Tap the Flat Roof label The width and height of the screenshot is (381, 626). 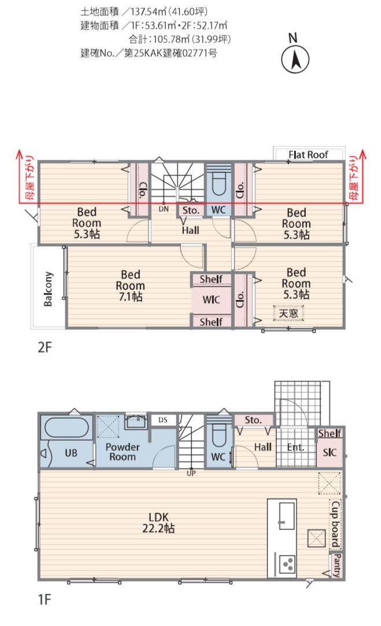(308, 154)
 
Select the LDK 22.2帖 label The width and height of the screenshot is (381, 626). (158, 522)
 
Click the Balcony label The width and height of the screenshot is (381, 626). (48, 289)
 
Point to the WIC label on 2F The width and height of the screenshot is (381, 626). (211, 300)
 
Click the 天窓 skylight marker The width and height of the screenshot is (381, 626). (288, 313)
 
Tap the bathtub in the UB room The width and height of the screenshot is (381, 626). (66, 428)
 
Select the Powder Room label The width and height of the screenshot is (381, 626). (123, 452)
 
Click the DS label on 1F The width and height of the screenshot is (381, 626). (163, 419)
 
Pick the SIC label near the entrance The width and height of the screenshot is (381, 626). (330, 452)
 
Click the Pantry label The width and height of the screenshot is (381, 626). (337, 565)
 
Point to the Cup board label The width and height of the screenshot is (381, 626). (335, 524)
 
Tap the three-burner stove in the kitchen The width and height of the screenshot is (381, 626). (287, 564)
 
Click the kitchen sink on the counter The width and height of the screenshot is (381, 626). (286, 516)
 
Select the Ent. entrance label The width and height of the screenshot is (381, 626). (295, 447)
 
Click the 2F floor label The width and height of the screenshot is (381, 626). (45, 347)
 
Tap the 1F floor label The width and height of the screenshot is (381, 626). (45, 599)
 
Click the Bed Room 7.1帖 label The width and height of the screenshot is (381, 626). (131, 285)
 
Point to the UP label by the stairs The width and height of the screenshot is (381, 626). (191, 473)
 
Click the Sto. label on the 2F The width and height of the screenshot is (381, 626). (191, 211)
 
